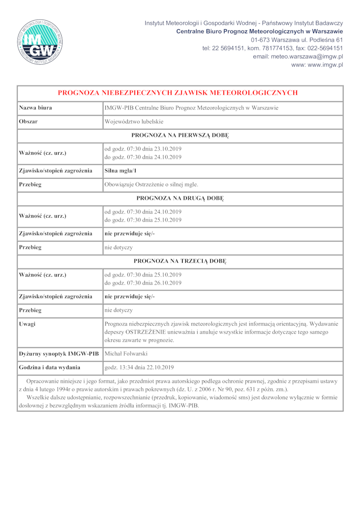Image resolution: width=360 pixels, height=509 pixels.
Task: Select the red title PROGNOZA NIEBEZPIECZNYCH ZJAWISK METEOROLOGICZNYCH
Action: (x=178, y=93)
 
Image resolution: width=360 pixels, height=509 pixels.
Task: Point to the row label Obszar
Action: (x=28, y=122)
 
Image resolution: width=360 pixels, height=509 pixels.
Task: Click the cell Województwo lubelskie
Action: (x=134, y=122)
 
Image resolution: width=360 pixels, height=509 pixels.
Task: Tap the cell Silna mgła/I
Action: (x=121, y=170)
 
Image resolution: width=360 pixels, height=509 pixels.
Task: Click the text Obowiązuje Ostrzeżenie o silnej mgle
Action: (x=151, y=184)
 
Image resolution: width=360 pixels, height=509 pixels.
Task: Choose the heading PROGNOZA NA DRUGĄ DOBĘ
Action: (x=180, y=198)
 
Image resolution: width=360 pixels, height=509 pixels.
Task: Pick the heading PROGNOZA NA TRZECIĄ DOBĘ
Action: (x=180, y=261)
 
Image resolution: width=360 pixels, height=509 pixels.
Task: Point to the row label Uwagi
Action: (x=27, y=324)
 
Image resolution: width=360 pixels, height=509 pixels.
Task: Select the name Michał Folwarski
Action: (x=126, y=354)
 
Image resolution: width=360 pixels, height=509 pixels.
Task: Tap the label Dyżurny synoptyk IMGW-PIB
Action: (x=58, y=354)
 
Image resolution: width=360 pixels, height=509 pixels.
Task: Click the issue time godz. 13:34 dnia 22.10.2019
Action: (x=139, y=367)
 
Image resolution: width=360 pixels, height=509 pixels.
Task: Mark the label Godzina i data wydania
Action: (x=49, y=367)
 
